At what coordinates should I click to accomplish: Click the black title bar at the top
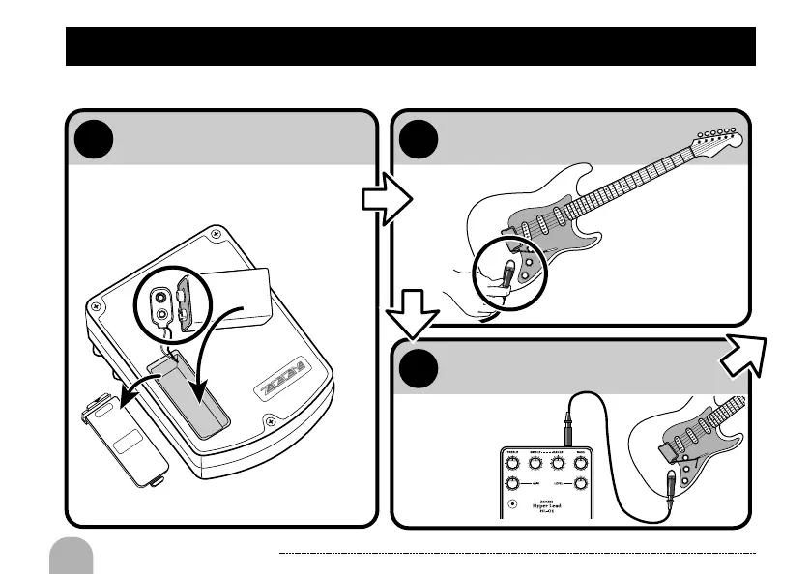pos(410,46)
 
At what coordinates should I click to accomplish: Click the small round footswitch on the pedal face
pos(512,502)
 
